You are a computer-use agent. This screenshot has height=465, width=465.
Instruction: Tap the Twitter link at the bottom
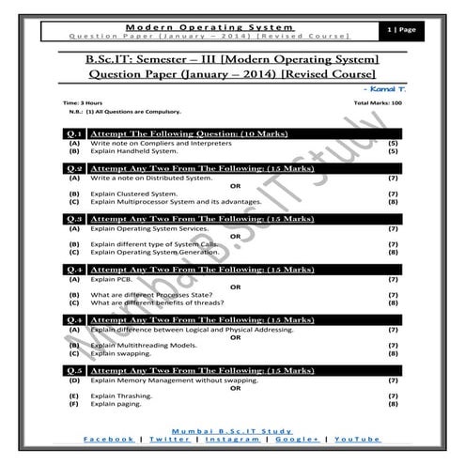coord(168,439)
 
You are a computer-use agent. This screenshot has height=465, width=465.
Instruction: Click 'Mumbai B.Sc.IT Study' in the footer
coord(232,428)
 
